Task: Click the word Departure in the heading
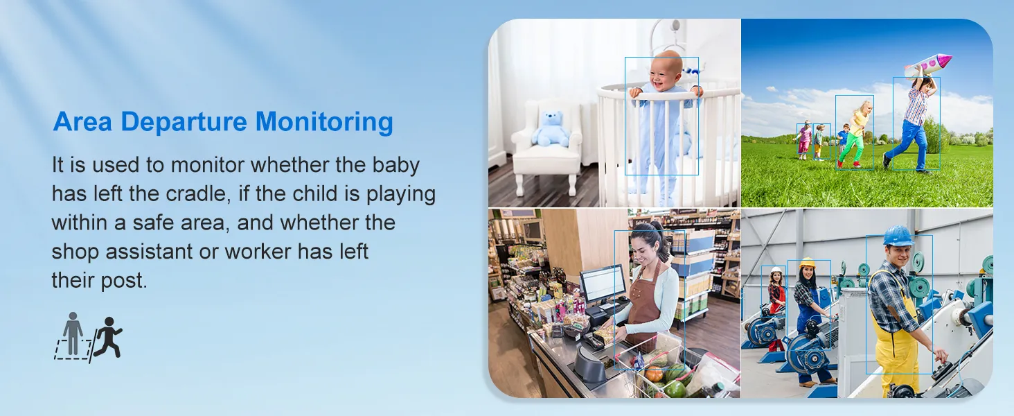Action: [184, 122]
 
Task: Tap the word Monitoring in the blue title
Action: [324, 122]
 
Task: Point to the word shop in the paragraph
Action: [74, 252]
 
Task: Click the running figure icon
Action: [108, 337]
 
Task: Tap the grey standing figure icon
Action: [73, 333]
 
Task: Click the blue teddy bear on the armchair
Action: [550, 129]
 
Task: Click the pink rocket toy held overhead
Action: [928, 65]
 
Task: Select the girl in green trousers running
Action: [855, 134]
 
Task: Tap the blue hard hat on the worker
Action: [898, 236]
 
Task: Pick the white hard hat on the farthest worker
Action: [776, 270]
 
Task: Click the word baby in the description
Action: [396, 165]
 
